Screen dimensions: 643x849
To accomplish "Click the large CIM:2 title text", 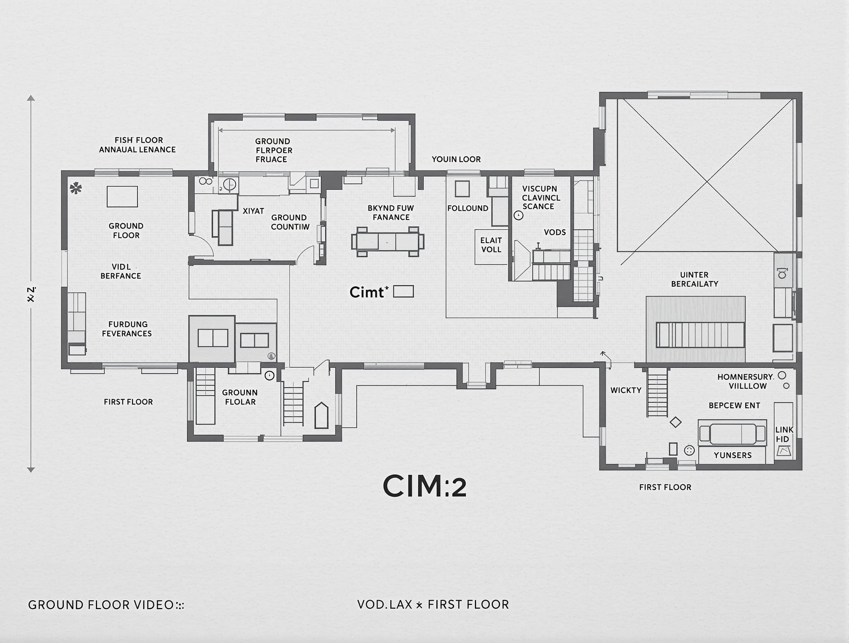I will point(424,486).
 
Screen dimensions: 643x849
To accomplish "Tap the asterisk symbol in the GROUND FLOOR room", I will point(76,188).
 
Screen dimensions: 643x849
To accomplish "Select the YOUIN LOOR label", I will point(456,159).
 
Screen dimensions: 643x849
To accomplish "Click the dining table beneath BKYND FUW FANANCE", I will point(388,241).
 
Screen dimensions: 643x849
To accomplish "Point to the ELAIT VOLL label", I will point(491,245).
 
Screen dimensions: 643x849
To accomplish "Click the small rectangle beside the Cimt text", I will point(403,292).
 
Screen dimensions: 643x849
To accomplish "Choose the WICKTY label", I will point(626,390).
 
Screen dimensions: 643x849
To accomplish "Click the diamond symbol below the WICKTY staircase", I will point(675,422).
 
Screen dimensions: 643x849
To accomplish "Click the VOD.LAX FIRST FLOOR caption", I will point(432,605).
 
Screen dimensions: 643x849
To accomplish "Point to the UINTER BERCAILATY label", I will point(694,279).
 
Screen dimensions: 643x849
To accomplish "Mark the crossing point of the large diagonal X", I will point(707,180).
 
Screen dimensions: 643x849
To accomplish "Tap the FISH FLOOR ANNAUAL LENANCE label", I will point(137,145).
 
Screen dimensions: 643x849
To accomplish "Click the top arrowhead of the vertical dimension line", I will point(31,98).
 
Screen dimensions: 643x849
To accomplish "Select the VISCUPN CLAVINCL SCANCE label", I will point(540,197).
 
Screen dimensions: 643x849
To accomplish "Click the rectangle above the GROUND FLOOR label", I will point(122,197).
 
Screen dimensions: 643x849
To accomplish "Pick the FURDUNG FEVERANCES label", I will point(127,329).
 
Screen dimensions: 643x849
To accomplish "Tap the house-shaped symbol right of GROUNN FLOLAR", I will point(321,416).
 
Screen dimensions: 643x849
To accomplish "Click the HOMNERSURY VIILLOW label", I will point(745,381).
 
